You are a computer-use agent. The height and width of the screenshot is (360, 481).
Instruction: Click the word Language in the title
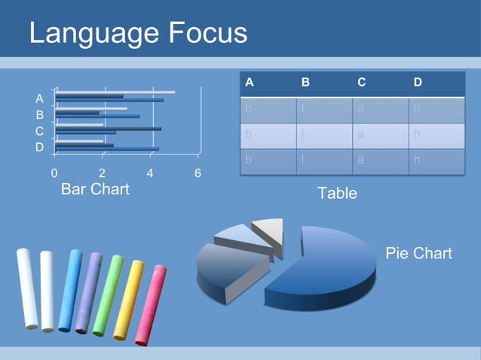click(87, 33)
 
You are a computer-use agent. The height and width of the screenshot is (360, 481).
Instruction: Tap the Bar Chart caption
click(95, 189)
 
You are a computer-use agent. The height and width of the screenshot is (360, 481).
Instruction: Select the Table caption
click(337, 194)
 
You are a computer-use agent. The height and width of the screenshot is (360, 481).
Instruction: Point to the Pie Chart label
click(418, 253)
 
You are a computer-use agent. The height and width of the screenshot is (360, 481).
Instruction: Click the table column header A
click(250, 83)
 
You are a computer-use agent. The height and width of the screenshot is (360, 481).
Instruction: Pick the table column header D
click(418, 83)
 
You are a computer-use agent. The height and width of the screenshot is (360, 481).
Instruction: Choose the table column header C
click(362, 83)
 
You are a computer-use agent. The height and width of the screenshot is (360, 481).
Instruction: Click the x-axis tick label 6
click(198, 173)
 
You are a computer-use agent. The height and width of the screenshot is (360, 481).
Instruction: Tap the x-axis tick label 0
click(54, 173)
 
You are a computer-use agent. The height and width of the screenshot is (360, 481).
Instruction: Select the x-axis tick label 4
click(150, 173)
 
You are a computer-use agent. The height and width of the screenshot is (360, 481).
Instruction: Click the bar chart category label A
click(39, 99)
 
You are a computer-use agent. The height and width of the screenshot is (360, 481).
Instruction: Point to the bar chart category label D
click(39, 148)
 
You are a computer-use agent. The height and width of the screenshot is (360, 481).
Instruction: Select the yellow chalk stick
click(128, 299)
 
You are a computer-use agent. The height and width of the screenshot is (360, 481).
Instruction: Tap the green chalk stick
click(108, 295)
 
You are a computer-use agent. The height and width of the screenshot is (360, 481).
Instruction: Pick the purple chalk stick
click(88, 292)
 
